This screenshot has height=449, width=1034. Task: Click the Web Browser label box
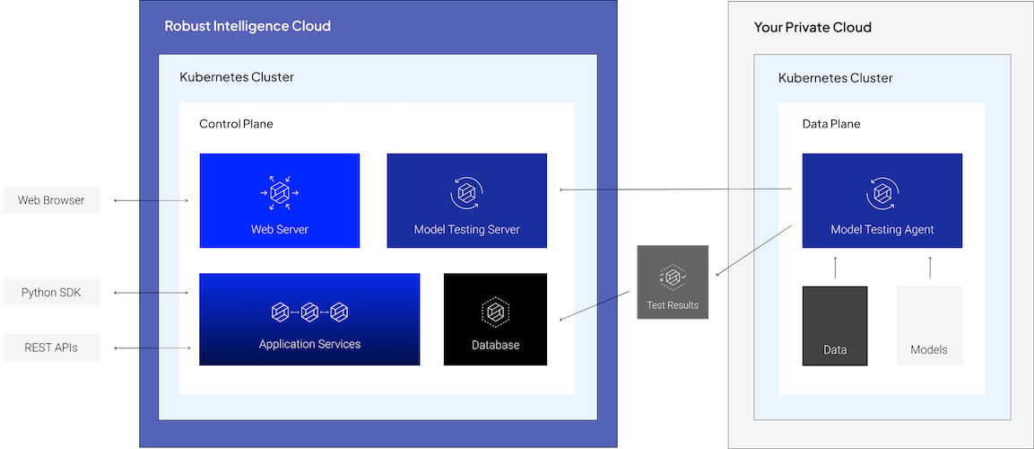51,200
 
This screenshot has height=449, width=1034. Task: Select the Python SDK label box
51,293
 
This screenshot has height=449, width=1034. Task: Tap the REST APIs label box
51,348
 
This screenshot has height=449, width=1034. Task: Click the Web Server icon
280,193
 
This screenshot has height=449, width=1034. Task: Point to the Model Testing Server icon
467,193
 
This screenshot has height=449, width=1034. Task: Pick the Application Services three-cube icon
309,312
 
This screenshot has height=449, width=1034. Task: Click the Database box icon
495,311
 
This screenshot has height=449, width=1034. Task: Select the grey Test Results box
673,282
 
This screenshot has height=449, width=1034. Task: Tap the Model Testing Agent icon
882,193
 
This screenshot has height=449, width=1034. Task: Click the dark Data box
835,325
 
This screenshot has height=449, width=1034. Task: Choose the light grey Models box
930,325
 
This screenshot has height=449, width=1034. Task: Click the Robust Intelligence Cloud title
248,26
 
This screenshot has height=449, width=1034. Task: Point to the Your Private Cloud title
812,27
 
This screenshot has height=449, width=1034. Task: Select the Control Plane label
236,124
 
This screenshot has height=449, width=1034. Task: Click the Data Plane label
831,124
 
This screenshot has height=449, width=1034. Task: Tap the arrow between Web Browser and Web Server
151,200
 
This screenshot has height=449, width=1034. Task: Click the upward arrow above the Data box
835,268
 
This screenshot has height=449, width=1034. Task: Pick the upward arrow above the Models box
930,268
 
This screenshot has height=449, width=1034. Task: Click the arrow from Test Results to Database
595,305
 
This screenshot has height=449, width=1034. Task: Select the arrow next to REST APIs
152,348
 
